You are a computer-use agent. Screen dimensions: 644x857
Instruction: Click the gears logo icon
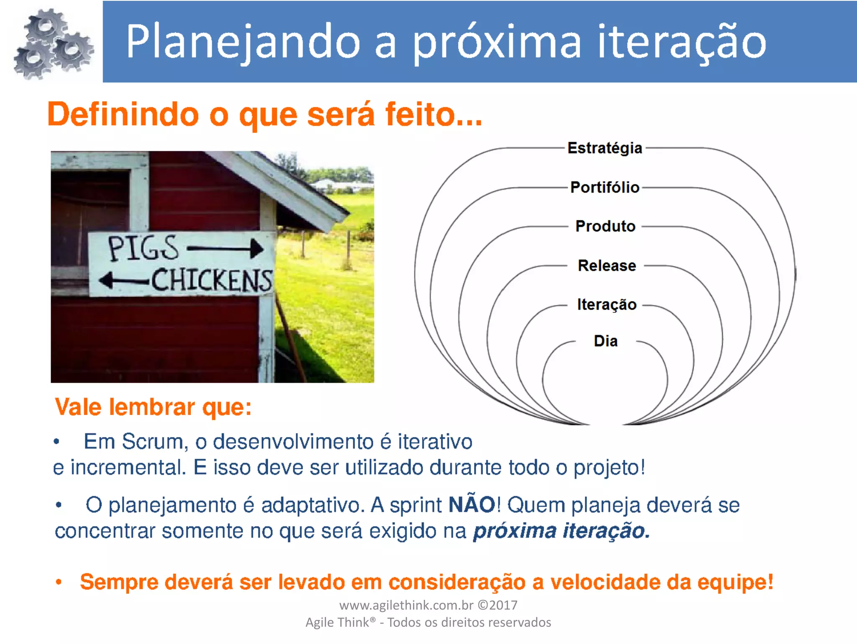click(52, 44)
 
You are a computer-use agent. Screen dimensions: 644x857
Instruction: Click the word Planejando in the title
click(243, 42)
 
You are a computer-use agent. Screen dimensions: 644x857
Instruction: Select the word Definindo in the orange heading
click(123, 114)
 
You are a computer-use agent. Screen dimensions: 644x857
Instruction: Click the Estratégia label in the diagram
click(605, 148)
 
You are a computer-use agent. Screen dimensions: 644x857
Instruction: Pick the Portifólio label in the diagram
click(605, 187)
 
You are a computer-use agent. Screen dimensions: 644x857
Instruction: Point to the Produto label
click(605, 226)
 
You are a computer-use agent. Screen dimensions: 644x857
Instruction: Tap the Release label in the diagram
click(607, 266)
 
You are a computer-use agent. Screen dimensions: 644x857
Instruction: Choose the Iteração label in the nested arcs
click(606, 305)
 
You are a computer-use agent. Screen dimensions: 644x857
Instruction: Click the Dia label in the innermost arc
click(606, 341)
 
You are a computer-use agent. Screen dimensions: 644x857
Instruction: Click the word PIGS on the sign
click(143, 248)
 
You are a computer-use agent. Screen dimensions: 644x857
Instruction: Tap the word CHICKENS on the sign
click(211, 280)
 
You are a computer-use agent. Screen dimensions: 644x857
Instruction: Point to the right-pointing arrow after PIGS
click(226, 248)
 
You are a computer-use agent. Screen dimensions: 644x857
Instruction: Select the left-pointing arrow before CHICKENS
click(124, 280)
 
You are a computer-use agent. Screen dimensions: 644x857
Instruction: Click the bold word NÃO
click(472, 504)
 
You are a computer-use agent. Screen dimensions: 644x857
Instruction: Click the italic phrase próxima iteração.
click(561, 531)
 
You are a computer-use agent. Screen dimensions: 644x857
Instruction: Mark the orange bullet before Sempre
click(59, 582)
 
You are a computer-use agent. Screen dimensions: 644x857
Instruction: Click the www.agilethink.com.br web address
click(406, 605)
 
